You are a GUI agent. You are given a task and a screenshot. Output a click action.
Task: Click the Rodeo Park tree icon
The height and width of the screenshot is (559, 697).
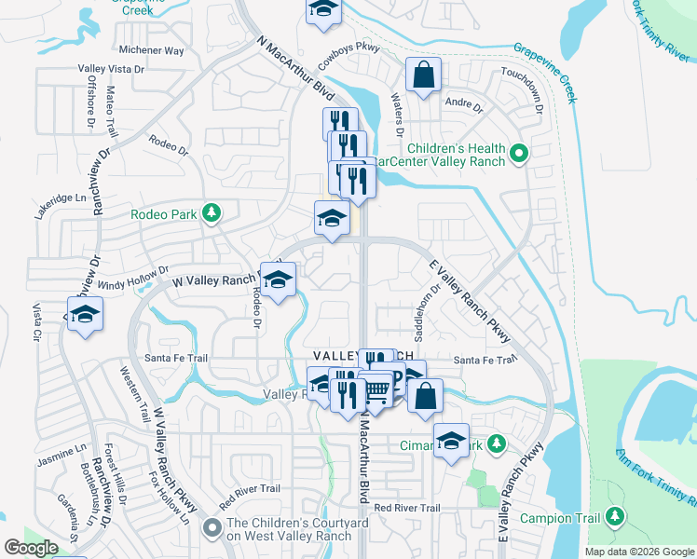click(x=212, y=214)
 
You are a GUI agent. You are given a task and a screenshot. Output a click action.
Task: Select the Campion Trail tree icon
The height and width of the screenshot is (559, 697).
click(x=614, y=517)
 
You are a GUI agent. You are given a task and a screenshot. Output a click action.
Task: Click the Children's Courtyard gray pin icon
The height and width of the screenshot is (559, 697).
click(x=212, y=528)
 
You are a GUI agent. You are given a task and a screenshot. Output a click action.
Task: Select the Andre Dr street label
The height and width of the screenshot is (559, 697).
click(x=465, y=104)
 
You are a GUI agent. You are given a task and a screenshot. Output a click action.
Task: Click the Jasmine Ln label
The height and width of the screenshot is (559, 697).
click(x=61, y=454)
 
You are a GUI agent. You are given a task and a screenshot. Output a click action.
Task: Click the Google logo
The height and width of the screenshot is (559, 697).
click(x=30, y=548)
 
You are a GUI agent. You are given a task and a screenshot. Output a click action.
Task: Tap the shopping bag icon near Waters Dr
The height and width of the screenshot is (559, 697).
click(x=423, y=77)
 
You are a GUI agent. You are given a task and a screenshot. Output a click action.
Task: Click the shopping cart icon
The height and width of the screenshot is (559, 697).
click(x=376, y=391)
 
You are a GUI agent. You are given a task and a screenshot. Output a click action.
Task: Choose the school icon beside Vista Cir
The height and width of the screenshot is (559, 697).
click(x=84, y=315)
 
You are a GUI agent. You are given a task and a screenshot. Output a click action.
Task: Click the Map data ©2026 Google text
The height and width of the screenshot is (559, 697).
click(x=638, y=552)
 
